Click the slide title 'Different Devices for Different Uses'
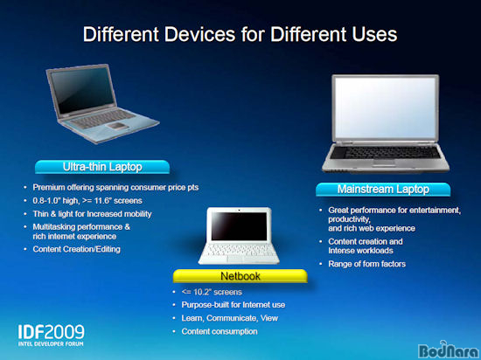click(240, 34)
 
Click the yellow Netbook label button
click(240, 276)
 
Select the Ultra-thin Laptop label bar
click(102, 167)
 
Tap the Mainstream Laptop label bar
click(383, 189)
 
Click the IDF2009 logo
click(51, 336)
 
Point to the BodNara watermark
click(449, 350)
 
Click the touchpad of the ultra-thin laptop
click(116, 126)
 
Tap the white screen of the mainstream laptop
click(386, 107)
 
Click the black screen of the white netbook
click(239, 225)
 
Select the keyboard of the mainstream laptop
click(386, 152)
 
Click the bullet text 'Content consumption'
click(220, 331)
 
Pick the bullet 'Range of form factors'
click(367, 264)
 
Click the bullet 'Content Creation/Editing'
click(76, 249)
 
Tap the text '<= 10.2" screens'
click(212, 292)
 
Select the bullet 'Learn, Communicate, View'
click(230, 318)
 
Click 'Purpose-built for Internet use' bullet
click(234, 305)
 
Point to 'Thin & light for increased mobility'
click(92, 214)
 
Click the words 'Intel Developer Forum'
click(51, 343)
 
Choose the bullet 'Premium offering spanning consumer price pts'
click(115, 187)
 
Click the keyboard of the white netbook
click(239, 250)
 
